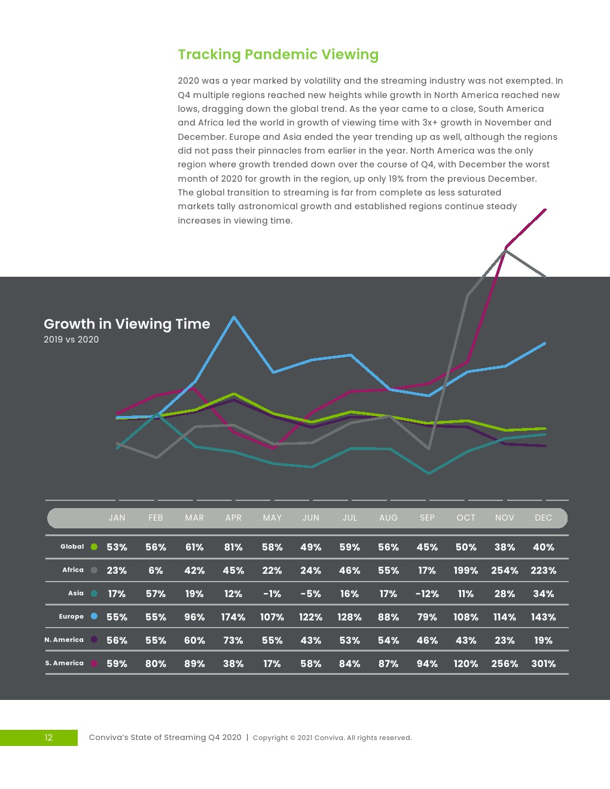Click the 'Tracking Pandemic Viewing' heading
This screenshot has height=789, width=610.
(x=278, y=54)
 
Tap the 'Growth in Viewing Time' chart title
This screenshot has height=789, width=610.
(x=127, y=324)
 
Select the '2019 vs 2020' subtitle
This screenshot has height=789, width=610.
(x=71, y=340)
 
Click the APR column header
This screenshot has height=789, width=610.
(x=233, y=518)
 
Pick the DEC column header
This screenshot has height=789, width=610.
(x=543, y=518)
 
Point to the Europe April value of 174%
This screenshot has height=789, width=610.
(x=233, y=617)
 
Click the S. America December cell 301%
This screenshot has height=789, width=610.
(x=543, y=663)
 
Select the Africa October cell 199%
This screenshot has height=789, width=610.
(x=466, y=570)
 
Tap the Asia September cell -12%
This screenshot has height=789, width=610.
(x=427, y=594)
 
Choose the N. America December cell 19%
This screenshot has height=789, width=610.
(x=543, y=640)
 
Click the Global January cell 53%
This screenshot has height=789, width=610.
(x=117, y=547)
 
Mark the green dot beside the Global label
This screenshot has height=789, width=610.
(x=94, y=546)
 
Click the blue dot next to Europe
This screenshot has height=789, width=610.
(x=94, y=616)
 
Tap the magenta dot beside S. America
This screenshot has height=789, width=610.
(x=94, y=663)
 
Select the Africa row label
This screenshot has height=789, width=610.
(x=73, y=570)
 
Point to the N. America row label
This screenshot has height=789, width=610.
(x=64, y=640)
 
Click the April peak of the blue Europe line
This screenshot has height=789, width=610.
(x=234, y=317)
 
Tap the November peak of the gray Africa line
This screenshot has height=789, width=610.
(x=506, y=250)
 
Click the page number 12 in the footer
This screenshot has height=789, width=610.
(x=48, y=738)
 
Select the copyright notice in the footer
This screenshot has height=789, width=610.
(x=332, y=738)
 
